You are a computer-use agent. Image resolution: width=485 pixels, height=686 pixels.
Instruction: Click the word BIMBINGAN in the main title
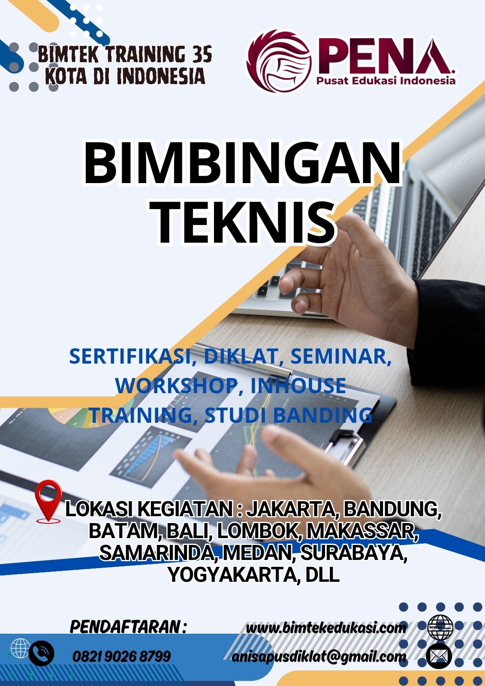[x=242, y=163]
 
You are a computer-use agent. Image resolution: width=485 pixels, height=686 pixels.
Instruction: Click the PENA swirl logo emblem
[x=278, y=60]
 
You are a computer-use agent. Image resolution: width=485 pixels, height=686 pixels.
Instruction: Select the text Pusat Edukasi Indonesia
[x=386, y=81]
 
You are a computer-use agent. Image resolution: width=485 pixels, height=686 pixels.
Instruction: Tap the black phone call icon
[x=41, y=654]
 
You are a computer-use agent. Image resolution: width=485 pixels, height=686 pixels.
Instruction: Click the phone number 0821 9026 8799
[x=121, y=656]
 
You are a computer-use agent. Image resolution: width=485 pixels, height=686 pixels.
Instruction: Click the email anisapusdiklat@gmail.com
[x=319, y=656]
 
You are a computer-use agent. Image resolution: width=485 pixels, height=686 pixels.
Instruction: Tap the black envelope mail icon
[x=439, y=656]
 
